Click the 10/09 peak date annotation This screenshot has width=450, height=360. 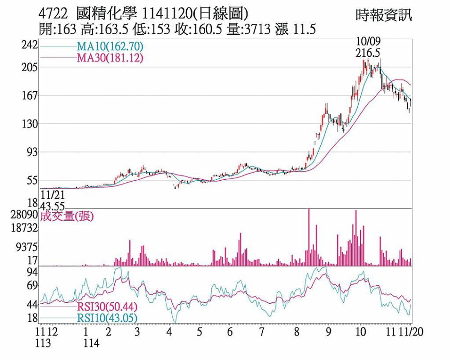click(x=368, y=41)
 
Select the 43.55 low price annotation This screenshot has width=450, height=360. click(x=52, y=206)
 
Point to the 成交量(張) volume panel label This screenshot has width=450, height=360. click(x=67, y=216)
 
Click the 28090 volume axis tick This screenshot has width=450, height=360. click(x=26, y=215)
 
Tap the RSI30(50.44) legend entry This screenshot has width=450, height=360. click(x=107, y=307)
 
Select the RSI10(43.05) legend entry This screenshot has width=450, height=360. click(x=107, y=318)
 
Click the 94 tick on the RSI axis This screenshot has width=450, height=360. click(x=32, y=273)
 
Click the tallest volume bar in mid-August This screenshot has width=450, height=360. click(x=309, y=237)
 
